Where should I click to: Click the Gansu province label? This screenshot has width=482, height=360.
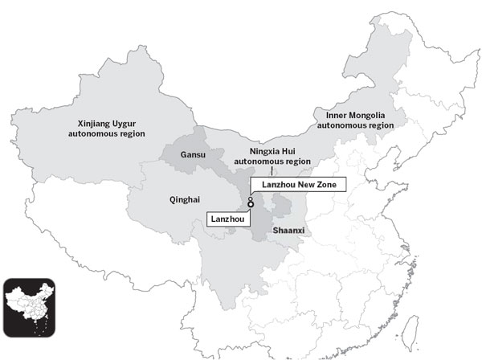[193, 153]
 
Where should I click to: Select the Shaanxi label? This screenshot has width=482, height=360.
[288, 231]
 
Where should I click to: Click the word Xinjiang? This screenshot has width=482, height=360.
[90, 123]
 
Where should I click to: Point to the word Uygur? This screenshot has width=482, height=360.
[129, 123]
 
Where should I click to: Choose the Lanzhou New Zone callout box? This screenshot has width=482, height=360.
[298, 185]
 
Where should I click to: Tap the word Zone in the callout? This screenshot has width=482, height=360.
[331, 185]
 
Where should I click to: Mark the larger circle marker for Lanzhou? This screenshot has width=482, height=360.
[251, 206]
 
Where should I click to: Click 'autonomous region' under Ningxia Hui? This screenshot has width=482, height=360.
[272, 161]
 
